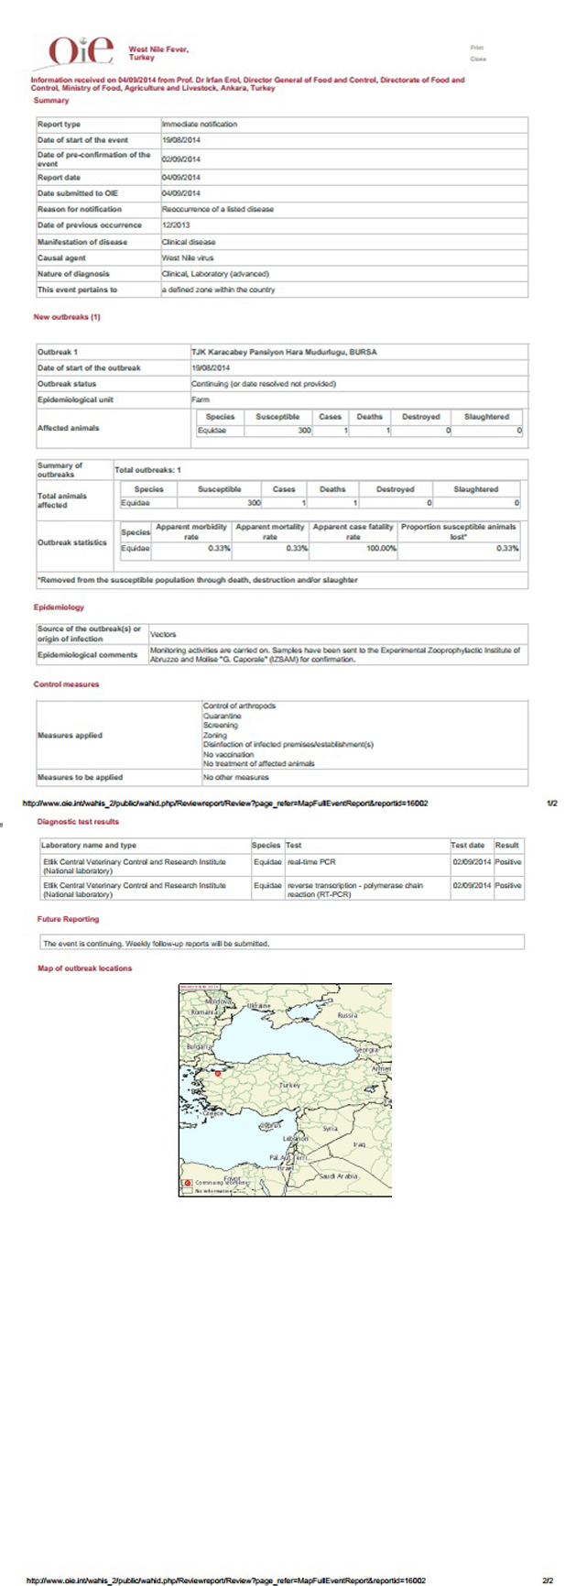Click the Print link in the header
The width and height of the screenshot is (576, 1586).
point(476,48)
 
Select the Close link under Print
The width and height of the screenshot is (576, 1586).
point(477,59)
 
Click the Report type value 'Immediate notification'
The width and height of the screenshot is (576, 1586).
point(200,124)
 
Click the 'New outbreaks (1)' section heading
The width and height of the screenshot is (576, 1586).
point(67,318)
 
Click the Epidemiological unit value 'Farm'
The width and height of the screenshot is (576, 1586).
point(200,399)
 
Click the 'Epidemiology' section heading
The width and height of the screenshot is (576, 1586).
point(59,607)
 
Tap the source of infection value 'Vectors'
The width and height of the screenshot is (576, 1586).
point(163,634)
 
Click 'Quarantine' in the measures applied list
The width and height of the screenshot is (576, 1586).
point(221,716)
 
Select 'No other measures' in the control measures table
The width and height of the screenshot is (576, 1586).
point(236,777)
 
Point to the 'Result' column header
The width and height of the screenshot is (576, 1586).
point(507,845)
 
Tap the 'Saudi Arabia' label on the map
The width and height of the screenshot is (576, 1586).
point(337,1176)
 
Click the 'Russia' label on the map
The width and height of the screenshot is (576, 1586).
point(347,1015)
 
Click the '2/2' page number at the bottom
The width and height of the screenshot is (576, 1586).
point(548,1581)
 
